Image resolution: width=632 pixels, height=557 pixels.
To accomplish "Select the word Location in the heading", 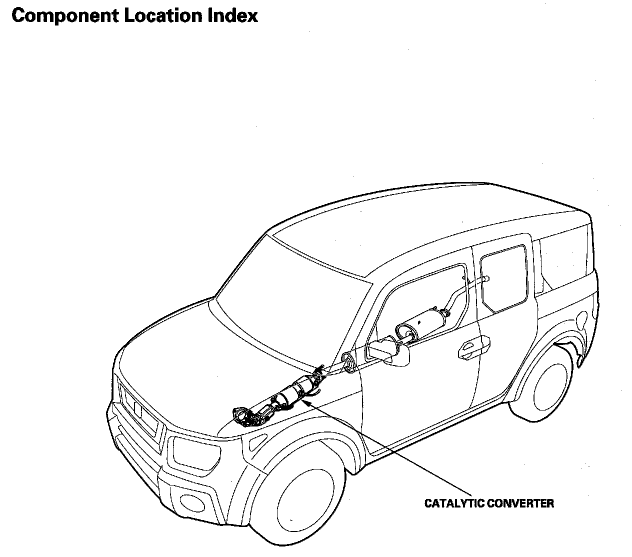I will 161,16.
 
